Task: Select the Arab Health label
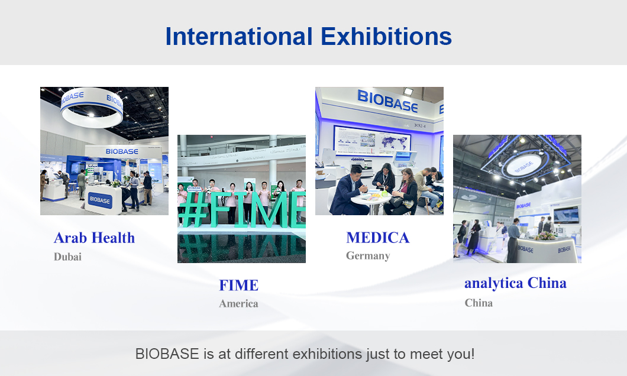click(x=94, y=238)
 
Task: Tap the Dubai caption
click(x=67, y=257)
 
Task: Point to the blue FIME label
click(x=238, y=285)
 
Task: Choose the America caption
click(x=238, y=304)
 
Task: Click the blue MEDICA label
click(x=377, y=238)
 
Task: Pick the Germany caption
click(x=368, y=256)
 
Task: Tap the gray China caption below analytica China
click(x=479, y=303)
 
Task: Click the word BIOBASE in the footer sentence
click(x=167, y=355)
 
